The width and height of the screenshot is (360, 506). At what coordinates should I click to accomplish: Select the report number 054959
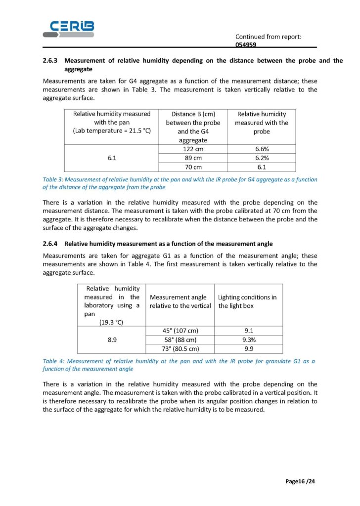tap(246, 44)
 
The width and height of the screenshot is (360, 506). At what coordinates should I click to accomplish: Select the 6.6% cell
tap(261, 149)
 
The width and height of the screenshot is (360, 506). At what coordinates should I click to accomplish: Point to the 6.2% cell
tap(261, 158)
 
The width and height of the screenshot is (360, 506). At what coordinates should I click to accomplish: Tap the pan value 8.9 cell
tap(112, 340)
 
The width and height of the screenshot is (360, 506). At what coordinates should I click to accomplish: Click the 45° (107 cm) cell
tap(180, 331)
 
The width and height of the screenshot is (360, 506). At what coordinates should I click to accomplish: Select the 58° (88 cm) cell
tap(180, 340)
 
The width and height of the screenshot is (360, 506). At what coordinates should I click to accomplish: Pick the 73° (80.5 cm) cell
tap(180, 349)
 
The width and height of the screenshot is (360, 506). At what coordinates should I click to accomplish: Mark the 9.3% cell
tap(248, 340)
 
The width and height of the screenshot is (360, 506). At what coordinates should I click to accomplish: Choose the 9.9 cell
tap(248, 349)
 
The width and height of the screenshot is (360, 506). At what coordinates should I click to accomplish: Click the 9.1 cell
tap(248, 331)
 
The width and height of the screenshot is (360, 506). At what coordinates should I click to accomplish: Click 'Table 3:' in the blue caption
tap(54, 179)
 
